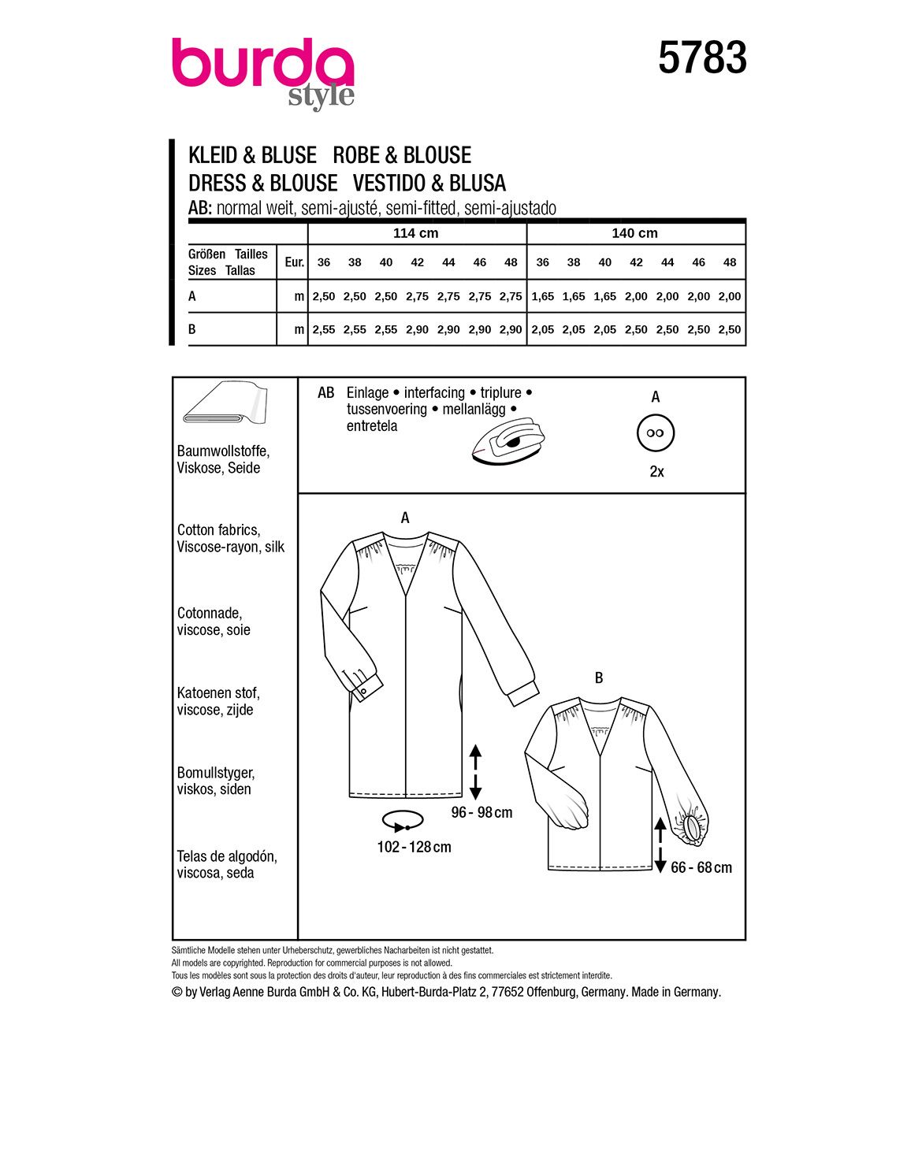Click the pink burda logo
pos(262,66)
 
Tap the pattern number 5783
pos(702,59)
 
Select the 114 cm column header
pos(416,233)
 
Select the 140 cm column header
pos(634,233)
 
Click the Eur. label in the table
pos(294,262)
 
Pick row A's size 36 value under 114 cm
pos(324,297)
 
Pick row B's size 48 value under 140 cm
pos(730,330)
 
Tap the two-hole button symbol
pos(656,433)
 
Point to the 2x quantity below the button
pos(656,472)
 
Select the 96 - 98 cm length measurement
pos(481,812)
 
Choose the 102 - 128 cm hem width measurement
pos(414,848)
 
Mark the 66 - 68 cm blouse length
pos(701,868)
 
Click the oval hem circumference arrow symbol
pos(403,821)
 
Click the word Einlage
pos(367,392)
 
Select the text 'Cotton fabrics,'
pos(218,530)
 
